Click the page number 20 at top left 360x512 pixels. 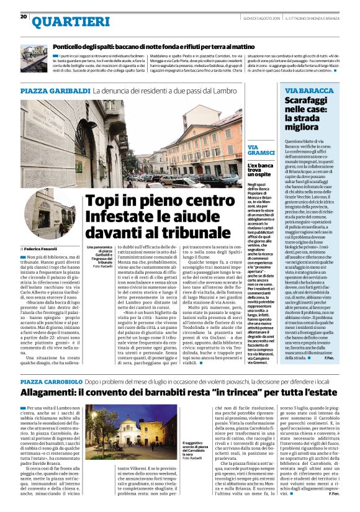[x=24, y=17]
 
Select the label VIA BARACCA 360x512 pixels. [x=308, y=91]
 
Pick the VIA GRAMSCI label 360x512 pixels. [x=260, y=150]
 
